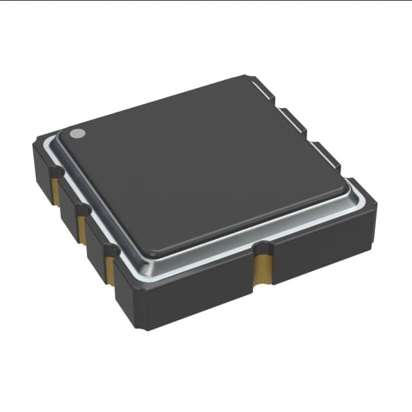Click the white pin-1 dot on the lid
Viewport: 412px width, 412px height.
77,133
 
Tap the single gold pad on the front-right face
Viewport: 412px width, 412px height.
261,269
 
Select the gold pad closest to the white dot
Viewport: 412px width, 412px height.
56,191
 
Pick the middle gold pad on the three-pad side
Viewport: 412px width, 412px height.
82,229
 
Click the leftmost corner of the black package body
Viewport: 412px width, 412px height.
34,147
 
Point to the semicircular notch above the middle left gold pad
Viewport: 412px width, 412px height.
81,210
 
